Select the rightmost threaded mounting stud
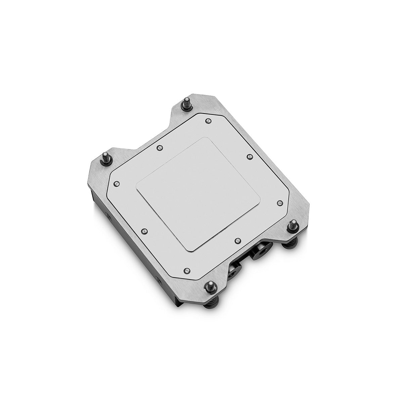(x=293, y=225)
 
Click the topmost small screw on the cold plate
(x=208, y=120)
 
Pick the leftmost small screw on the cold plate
(x=117, y=183)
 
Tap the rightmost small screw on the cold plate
(x=280, y=203)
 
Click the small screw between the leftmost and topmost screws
(x=160, y=147)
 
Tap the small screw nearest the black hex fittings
(x=237, y=240)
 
